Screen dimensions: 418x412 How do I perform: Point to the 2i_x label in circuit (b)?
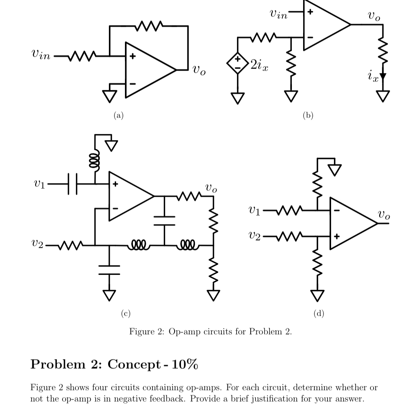(259, 65)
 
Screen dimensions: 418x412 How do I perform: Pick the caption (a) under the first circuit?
(119, 115)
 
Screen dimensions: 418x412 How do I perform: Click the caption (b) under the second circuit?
(308, 115)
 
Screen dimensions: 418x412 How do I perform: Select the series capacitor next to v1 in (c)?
(72, 184)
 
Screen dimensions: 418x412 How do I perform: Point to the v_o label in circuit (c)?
(211, 188)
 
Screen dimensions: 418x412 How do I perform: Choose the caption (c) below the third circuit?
(126, 313)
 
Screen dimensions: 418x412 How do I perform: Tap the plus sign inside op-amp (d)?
(337, 236)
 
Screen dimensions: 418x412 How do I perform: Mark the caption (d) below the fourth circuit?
(319, 313)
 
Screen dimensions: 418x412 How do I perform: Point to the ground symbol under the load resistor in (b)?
(383, 96)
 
